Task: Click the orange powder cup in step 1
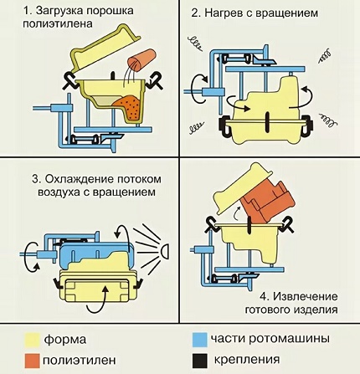(141, 60)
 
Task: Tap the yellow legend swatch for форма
(32, 340)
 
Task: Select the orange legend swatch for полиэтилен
(32, 361)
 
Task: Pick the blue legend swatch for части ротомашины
(200, 340)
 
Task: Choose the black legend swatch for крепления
(200, 361)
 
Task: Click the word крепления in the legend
(247, 360)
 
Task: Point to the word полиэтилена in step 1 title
(58, 23)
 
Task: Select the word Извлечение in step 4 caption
(306, 296)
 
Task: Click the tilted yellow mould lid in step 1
(105, 49)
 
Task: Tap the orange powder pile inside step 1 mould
(130, 107)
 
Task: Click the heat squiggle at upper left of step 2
(196, 44)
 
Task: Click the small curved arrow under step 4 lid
(236, 213)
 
